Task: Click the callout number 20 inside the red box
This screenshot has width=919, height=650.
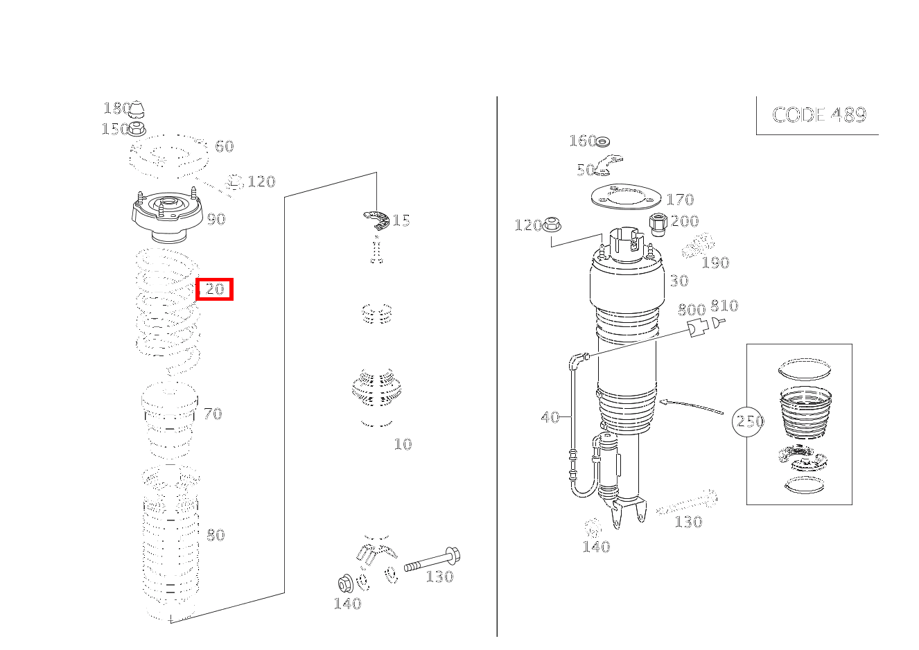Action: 215,289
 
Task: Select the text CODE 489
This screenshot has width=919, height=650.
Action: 819,115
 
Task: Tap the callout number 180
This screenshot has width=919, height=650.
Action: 116,108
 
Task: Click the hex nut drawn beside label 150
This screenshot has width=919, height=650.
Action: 137,128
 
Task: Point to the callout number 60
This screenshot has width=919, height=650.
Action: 224,146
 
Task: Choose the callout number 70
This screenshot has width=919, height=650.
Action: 212,414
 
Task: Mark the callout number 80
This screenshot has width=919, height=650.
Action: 216,535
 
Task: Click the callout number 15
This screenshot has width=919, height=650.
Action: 401,221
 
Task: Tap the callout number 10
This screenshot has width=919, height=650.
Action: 403,444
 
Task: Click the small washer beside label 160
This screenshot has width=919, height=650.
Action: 603,142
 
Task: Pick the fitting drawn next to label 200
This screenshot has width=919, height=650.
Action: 658,224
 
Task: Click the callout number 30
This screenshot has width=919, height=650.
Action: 679,281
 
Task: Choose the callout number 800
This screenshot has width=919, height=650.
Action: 691,310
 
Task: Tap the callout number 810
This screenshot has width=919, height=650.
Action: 724,306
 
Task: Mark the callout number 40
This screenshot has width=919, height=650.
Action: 550,417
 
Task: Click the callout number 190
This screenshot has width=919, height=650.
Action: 715,263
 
